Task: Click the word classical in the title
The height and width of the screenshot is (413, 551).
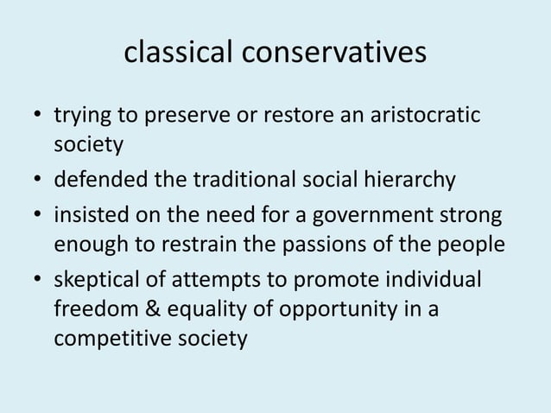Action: pos(177,54)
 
